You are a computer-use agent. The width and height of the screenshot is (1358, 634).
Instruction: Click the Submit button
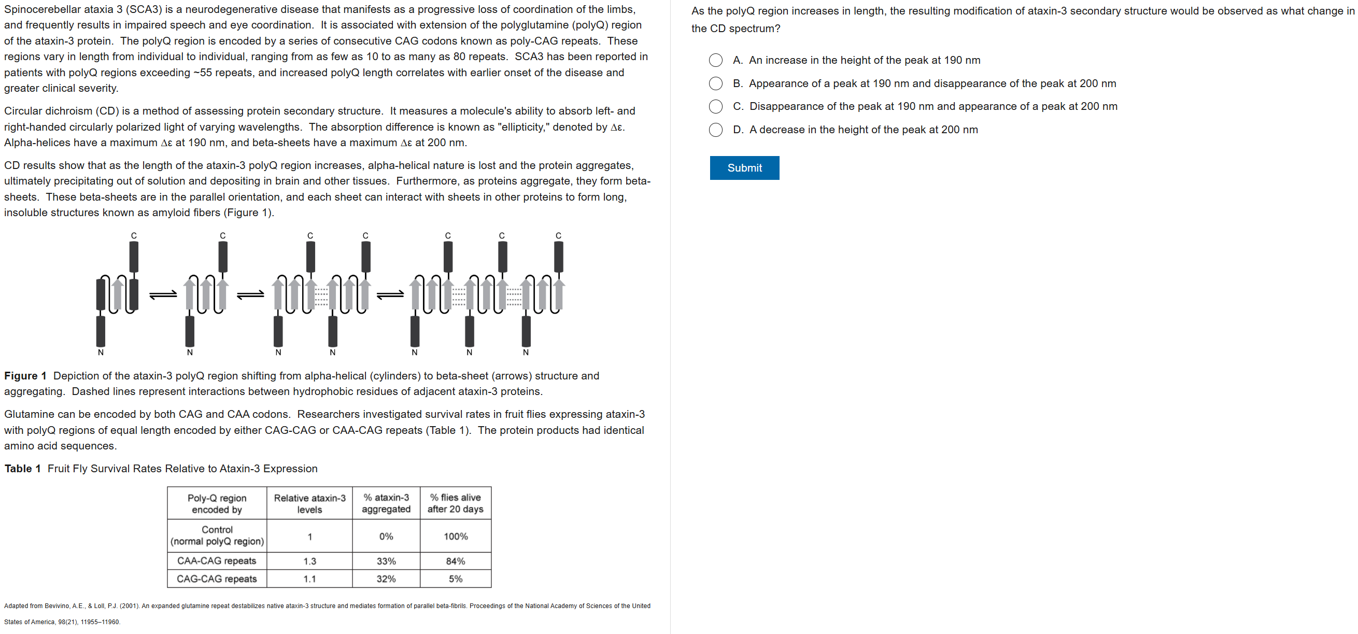coord(744,168)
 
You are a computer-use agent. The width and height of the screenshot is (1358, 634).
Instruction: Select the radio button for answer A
coord(715,60)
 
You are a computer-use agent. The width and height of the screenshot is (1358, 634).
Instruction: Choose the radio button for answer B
coord(715,83)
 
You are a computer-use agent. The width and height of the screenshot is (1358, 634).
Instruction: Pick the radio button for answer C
coord(715,107)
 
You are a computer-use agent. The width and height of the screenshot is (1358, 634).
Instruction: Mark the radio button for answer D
coord(715,130)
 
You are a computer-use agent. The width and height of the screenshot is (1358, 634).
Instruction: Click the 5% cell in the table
coord(456,579)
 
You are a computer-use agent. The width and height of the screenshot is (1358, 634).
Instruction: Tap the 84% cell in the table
coord(456,561)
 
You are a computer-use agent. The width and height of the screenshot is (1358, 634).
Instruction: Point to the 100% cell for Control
coord(456,536)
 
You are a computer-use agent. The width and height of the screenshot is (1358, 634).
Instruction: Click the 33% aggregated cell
coord(386,561)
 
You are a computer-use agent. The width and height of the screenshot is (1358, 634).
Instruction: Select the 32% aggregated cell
coord(386,579)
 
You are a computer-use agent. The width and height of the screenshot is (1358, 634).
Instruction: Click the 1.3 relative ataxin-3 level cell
coord(309,561)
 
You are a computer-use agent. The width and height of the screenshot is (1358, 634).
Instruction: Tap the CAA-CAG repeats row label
coord(217,561)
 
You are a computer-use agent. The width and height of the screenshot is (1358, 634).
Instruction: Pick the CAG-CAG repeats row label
coord(217,579)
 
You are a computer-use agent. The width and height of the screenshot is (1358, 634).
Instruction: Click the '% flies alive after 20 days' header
coord(456,503)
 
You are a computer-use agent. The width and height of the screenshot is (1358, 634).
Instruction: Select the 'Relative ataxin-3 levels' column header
coord(309,504)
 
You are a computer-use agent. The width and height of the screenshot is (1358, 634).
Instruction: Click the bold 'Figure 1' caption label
coord(25,375)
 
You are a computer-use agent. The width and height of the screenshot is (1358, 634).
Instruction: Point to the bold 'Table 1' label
coord(23,469)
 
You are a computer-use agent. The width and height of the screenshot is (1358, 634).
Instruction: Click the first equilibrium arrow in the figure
coord(163,295)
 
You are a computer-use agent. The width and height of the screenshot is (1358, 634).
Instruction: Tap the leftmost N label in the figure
coord(101,353)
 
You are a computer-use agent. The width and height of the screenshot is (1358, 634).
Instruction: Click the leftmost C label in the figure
coord(134,235)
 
